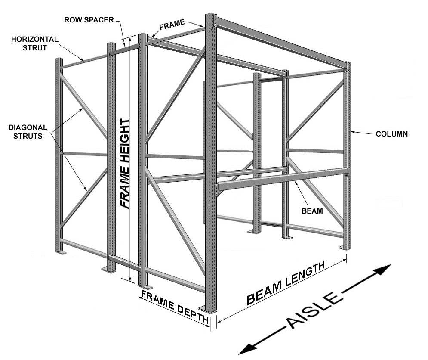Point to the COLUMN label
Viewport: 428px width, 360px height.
(391, 134)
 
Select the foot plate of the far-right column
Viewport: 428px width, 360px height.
(346, 247)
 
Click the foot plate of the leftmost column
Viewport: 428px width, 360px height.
(60, 252)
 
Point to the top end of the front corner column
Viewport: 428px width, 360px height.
(211, 16)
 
